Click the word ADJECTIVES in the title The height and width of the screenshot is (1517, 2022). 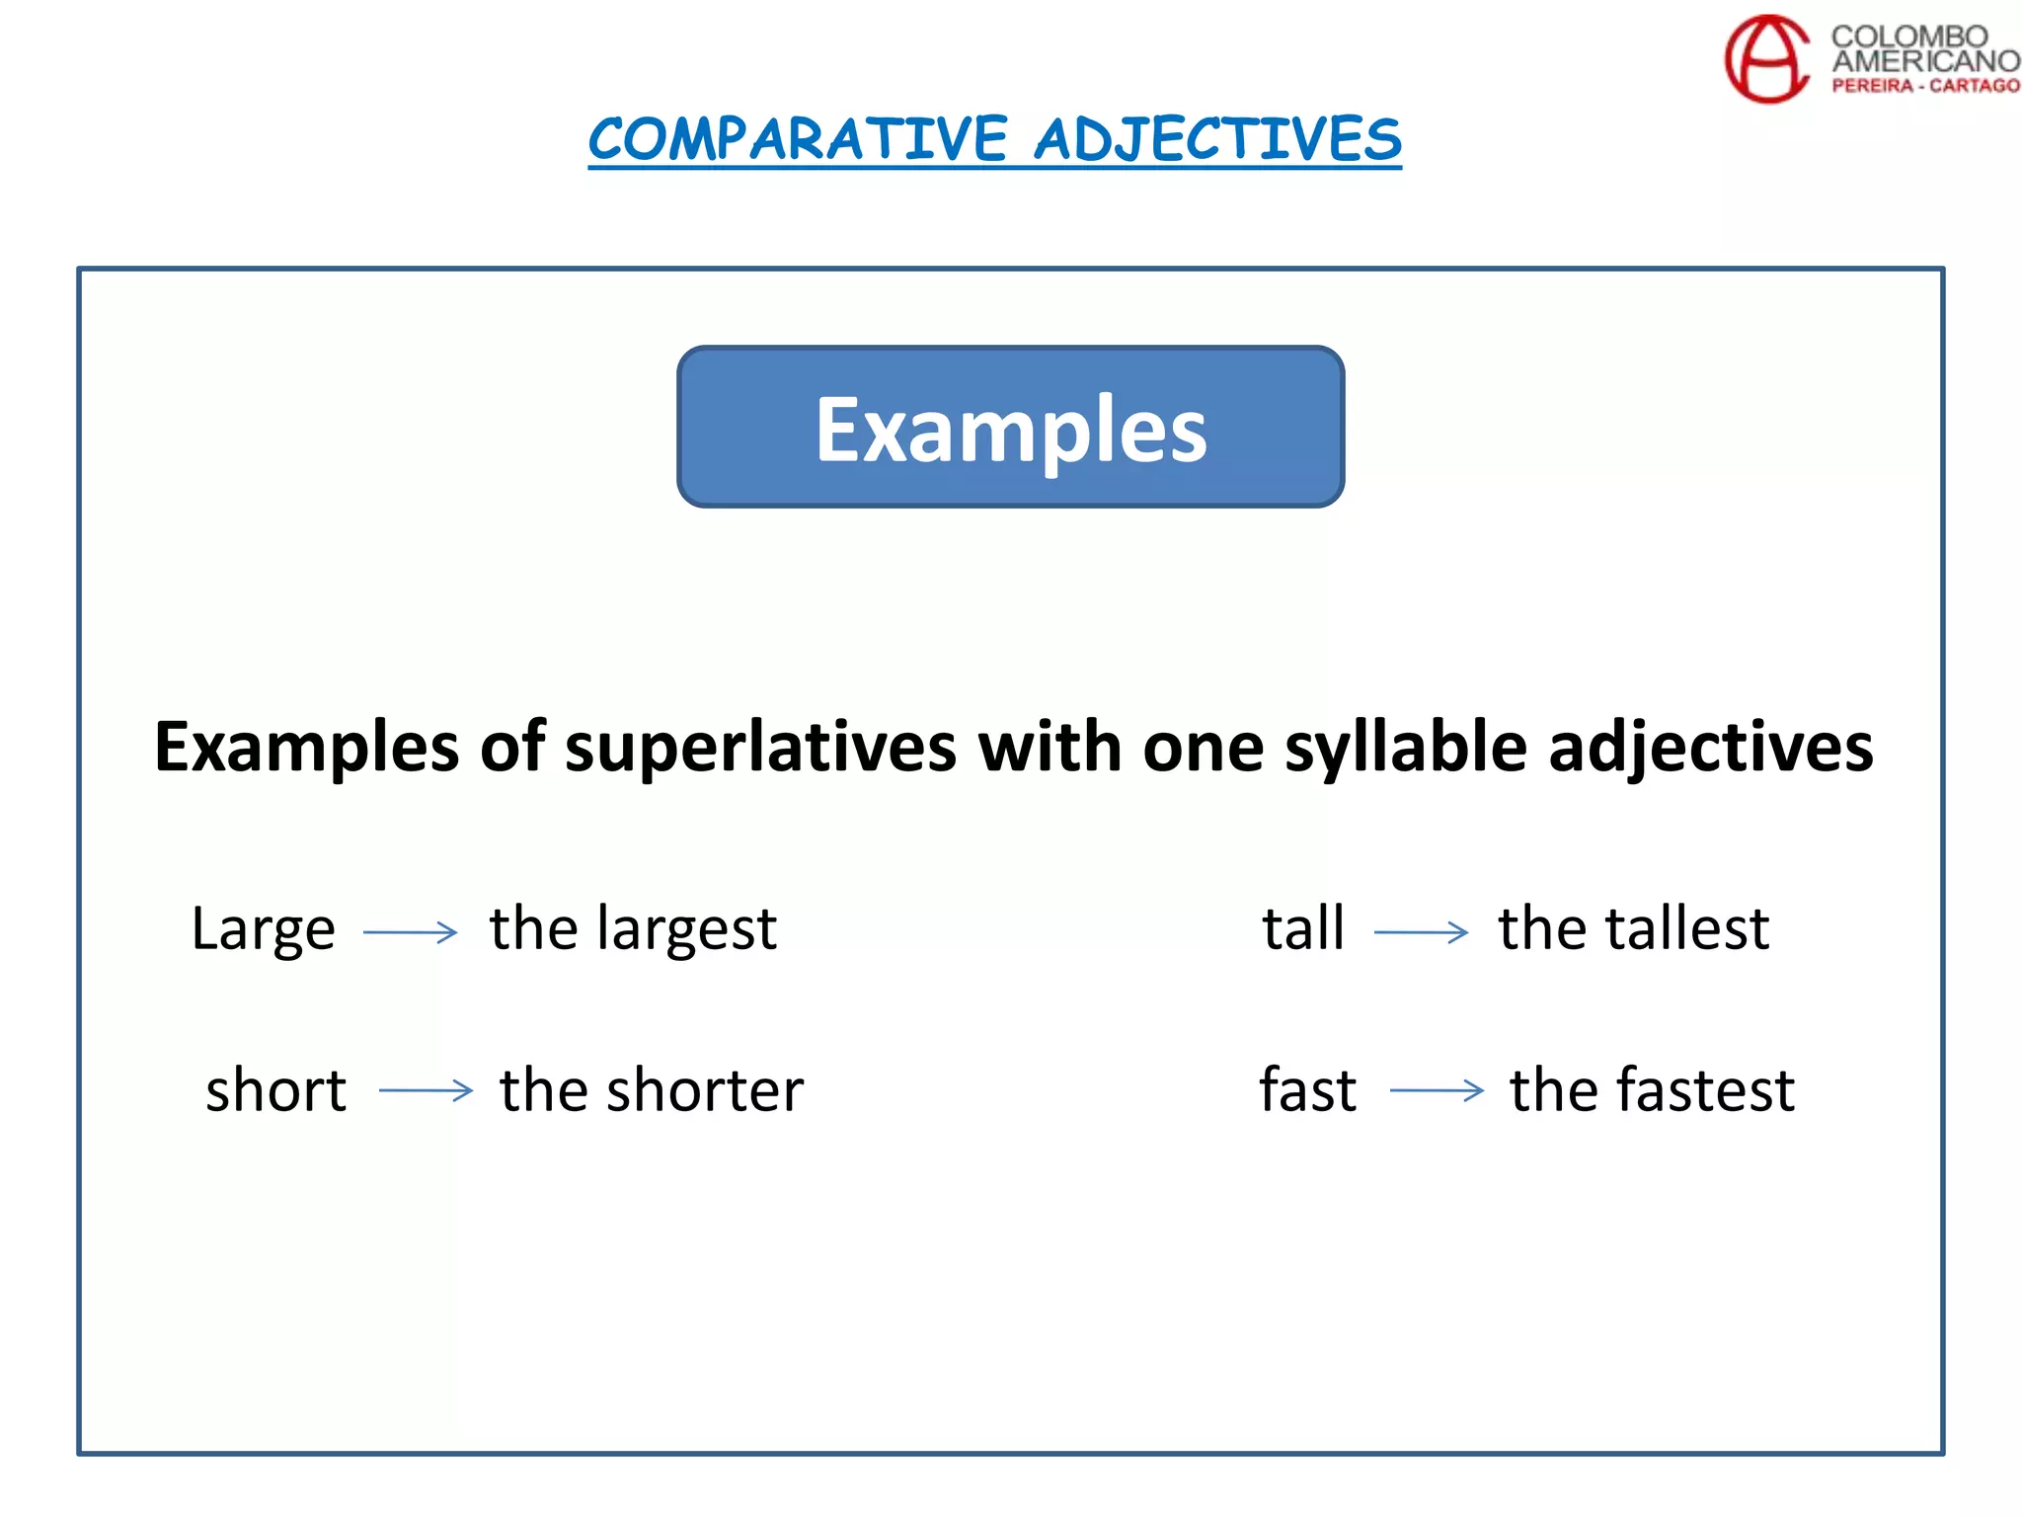pos(1217,138)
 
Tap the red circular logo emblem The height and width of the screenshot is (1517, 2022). pos(1767,59)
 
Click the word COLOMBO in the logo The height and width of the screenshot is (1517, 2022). pos(1908,37)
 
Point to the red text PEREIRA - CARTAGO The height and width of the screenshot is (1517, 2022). pos(1925,86)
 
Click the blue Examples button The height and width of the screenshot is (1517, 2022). pos(1010,427)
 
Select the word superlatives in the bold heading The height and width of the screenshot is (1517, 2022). pos(760,747)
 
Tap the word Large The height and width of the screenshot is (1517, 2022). pos(264,929)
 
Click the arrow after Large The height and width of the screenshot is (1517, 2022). pos(411,931)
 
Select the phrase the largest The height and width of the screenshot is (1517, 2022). pos(633,929)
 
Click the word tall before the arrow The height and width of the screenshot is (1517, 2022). pos(1303,928)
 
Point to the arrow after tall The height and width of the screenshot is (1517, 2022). pos(1421,931)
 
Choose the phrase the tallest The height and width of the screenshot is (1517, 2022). pos(1634,928)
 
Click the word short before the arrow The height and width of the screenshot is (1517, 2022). pos(276,1090)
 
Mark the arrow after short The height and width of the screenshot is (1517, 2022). pos(426,1090)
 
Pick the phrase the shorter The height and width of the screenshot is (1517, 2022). pos(652,1090)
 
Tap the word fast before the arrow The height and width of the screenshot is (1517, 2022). pos(1308,1090)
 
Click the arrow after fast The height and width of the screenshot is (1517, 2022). pos(1437,1090)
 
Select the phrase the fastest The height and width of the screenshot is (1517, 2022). pos(1652,1090)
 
